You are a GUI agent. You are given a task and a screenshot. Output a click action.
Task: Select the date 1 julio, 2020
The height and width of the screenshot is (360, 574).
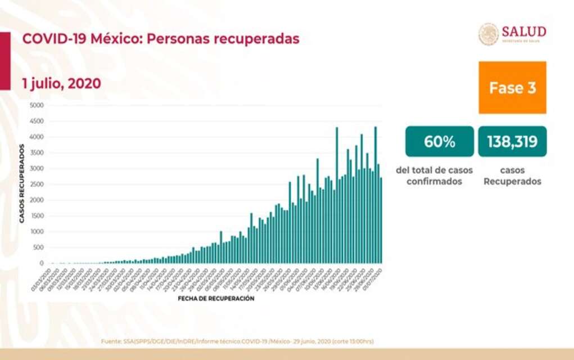pyautogui.click(x=62, y=84)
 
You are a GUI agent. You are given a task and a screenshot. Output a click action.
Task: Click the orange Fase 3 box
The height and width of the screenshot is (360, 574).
pyautogui.click(x=512, y=88)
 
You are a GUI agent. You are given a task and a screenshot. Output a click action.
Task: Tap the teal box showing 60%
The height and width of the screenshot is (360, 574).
pyautogui.click(x=440, y=142)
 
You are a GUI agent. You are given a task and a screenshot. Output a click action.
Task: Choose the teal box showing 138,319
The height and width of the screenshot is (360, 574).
pyautogui.click(x=512, y=142)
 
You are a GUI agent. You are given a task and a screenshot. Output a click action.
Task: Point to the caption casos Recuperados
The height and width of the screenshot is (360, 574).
pyautogui.click(x=512, y=176)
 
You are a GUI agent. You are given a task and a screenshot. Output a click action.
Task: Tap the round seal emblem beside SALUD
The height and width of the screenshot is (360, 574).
pyautogui.click(x=489, y=34)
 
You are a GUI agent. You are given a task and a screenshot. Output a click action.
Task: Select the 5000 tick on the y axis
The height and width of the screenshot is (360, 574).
pyautogui.click(x=37, y=105)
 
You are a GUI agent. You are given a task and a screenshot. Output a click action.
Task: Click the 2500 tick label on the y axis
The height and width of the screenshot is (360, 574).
pyautogui.click(x=37, y=184)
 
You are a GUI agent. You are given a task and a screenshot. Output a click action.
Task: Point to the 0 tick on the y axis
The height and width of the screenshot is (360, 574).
pyautogui.click(x=41, y=263)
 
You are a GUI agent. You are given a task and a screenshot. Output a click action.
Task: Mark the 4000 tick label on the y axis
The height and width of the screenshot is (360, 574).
pyautogui.click(x=37, y=137)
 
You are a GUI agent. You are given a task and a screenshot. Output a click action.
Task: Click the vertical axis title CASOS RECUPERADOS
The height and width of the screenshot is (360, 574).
pyautogui.click(x=22, y=184)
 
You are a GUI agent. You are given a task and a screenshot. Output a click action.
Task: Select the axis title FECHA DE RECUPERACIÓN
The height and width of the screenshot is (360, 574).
pyautogui.click(x=216, y=299)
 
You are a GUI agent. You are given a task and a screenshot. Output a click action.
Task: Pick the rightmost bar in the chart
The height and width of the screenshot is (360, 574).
pyautogui.click(x=381, y=220)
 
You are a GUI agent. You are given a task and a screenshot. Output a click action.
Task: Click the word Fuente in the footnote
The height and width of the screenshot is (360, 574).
pyautogui.click(x=110, y=341)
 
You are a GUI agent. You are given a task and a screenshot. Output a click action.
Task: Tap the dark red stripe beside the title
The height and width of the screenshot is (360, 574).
pyautogui.click(x=4, y=60)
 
